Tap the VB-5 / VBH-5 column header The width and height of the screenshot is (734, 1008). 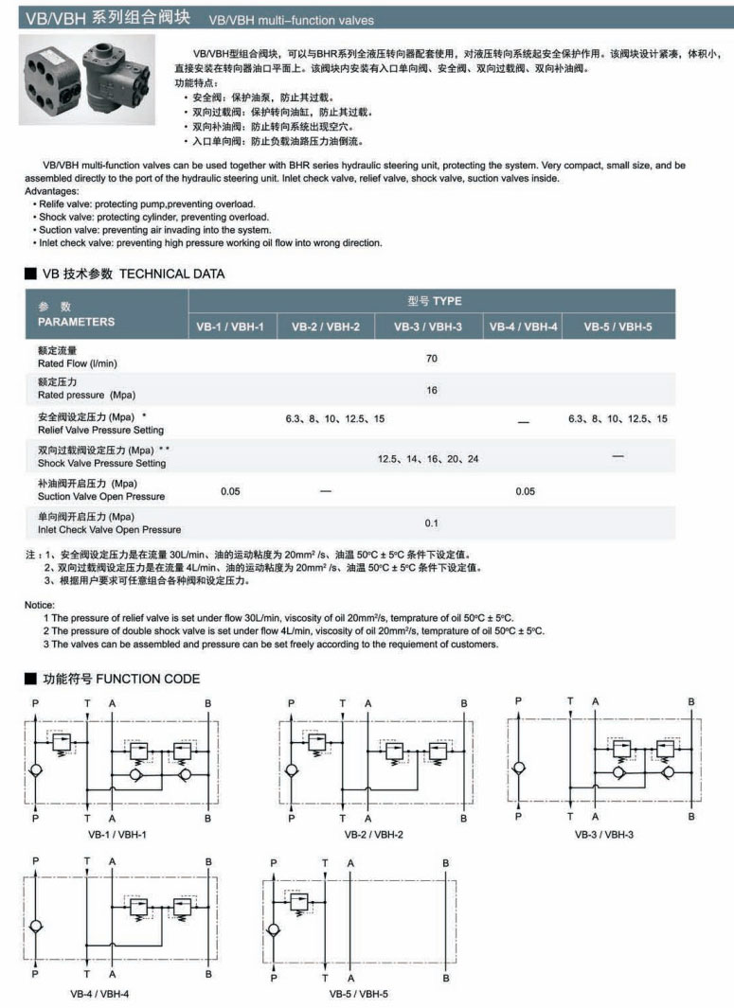617,327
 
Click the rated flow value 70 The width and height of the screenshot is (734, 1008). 432,358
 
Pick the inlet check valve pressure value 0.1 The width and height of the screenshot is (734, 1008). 432,522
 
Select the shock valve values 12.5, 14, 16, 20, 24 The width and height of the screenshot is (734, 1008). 428,458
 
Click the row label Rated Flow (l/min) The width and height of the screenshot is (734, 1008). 78,363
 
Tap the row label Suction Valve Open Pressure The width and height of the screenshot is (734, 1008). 100,496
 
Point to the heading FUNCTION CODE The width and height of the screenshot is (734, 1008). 148,679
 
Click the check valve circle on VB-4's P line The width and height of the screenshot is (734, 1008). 36,926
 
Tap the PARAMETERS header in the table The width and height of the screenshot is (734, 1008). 76,322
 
